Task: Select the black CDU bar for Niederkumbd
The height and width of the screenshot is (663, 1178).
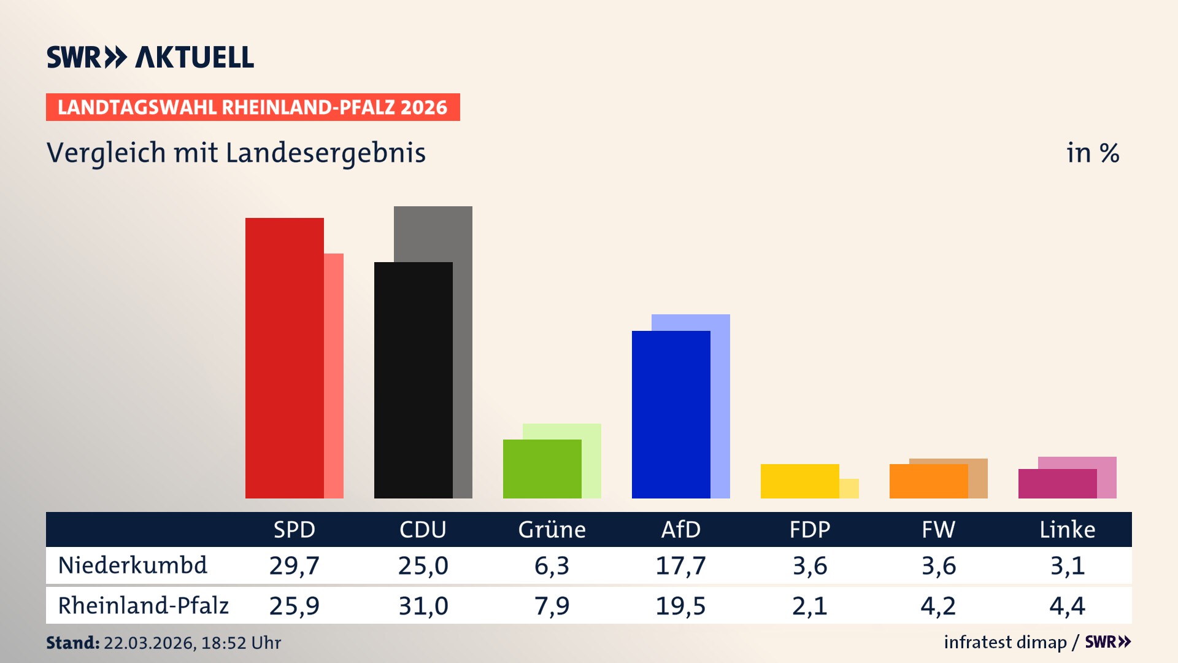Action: click(x=413, y=380)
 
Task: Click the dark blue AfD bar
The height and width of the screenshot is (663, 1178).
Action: click(x=671, y=414)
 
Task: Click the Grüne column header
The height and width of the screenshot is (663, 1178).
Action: click(x=552, y=529)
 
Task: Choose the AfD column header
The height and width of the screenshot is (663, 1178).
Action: click(x=680, y=529)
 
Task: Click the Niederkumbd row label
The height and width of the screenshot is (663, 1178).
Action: click(x=133, y=565)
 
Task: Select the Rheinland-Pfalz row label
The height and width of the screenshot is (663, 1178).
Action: click(x=143, y=605)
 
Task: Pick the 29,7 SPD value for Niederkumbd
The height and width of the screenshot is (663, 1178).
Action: click(x=294, y=565)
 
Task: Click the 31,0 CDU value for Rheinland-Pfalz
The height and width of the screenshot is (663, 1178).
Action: click(x=423, y=606)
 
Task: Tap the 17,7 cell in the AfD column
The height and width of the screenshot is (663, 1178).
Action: click(x=680, y=565)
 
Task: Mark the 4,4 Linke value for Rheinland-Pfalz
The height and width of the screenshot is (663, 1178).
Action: click(x=1067, y=606)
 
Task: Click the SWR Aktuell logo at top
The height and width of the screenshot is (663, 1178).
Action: click(x=150, y=57)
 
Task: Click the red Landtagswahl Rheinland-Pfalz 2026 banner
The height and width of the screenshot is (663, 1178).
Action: click(x=252, y=107)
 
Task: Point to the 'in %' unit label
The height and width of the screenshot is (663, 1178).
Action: click(x=1092, y=153)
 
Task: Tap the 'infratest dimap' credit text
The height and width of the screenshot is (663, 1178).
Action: click(x=1005, y=642)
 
